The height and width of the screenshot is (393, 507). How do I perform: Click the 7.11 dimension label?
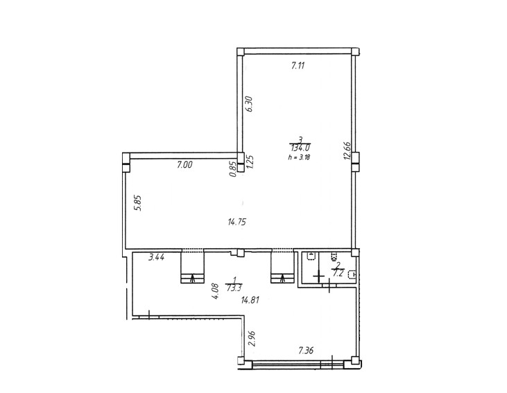[x=298, y=67]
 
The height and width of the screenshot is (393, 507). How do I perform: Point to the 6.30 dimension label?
[x=249, y=104]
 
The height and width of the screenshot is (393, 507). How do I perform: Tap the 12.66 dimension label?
[x=347, y=151]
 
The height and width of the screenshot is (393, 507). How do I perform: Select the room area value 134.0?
[x=301, y=148]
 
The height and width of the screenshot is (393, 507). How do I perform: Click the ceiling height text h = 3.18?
[x=299, y=158]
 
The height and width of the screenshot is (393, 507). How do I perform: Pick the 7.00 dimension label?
[x=184, y=165]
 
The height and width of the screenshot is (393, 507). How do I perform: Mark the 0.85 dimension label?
[x=232, y=169]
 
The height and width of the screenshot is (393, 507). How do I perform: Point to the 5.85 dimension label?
[x=139, y=202]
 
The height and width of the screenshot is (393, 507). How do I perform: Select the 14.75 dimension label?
[x=237, y=222]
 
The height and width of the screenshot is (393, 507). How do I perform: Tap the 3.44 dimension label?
[x=157, y=258]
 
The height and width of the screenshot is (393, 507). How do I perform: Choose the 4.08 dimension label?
[x=216, y=292]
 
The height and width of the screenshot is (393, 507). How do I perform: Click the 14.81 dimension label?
[x=250, y=300]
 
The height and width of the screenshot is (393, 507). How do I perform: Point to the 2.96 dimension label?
[x=252, y=338]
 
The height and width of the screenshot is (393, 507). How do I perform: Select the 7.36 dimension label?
[x=306, y=350]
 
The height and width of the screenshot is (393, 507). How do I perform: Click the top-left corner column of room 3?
[x=240, y=52]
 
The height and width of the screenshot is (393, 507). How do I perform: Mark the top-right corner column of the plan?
[x=355, y=52]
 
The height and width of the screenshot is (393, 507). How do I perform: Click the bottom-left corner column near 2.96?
[x=241, y=360]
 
